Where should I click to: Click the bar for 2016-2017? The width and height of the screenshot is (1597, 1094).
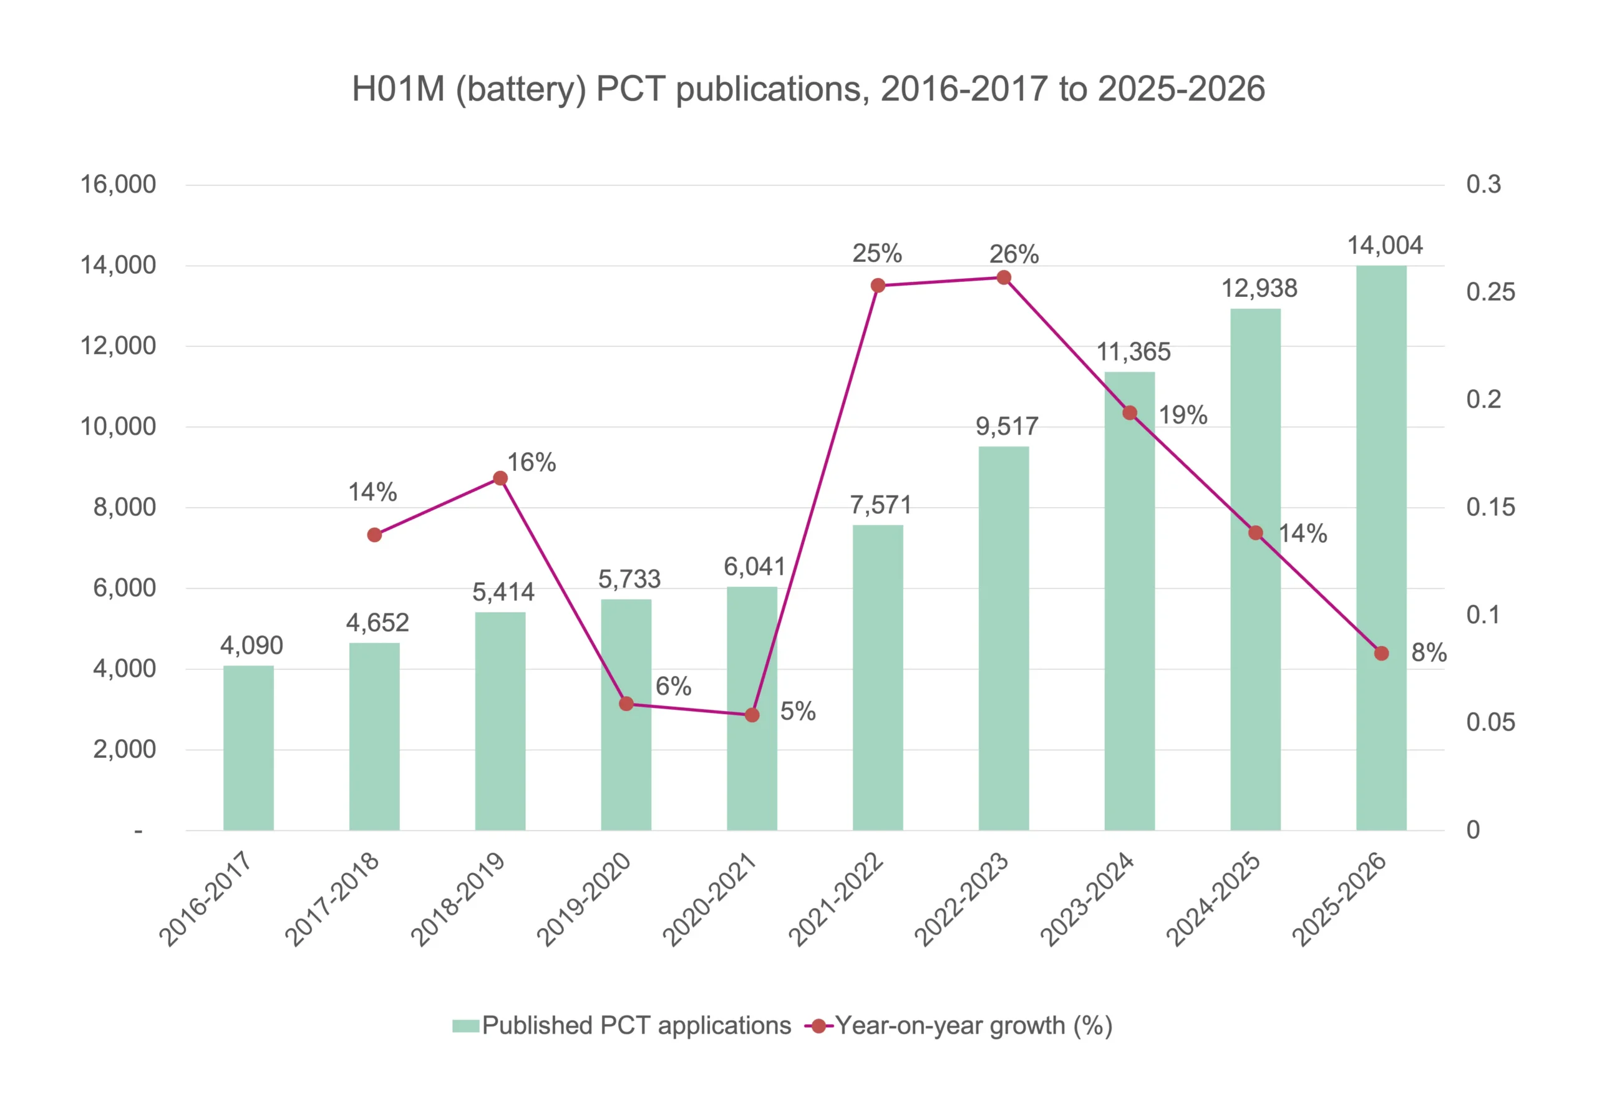(x=248, y=748)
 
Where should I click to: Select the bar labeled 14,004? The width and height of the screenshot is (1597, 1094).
(x=1381, y=548)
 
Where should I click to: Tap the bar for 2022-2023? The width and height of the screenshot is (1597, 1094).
(x=1003, y=639)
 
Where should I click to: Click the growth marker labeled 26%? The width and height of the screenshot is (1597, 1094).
(x=1003, y=278)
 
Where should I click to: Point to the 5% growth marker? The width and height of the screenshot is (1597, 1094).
(x=752, y=715)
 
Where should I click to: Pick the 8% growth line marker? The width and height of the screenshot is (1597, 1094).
(x=1381, y=653)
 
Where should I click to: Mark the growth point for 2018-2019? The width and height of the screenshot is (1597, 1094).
(x=500, y=478)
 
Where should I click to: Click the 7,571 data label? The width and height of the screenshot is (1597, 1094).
(x=880, y=505)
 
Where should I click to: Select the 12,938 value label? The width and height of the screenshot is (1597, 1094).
(x=1259, y=289)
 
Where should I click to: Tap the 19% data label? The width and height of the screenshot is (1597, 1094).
(x=1183, y=415)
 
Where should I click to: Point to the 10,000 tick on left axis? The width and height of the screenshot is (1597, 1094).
(x=118, y=427)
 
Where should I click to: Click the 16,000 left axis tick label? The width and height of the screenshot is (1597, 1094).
(x=118, y=184)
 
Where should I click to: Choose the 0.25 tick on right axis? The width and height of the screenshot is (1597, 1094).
(x=1490, y=292)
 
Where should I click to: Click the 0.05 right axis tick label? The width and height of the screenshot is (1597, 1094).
(x=1490, y=722)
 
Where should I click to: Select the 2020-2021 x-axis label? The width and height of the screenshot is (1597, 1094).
(x=709, y=899)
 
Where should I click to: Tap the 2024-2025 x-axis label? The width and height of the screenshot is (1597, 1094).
(x=1213, y=899)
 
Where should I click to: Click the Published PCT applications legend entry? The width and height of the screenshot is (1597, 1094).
(x=621, y=1025)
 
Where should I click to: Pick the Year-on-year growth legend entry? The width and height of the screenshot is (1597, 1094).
(x=958, y=1025)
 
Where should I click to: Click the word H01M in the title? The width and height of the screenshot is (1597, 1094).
(x=399, y=89)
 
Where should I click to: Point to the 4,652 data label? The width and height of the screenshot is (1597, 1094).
(x=377, y=622)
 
